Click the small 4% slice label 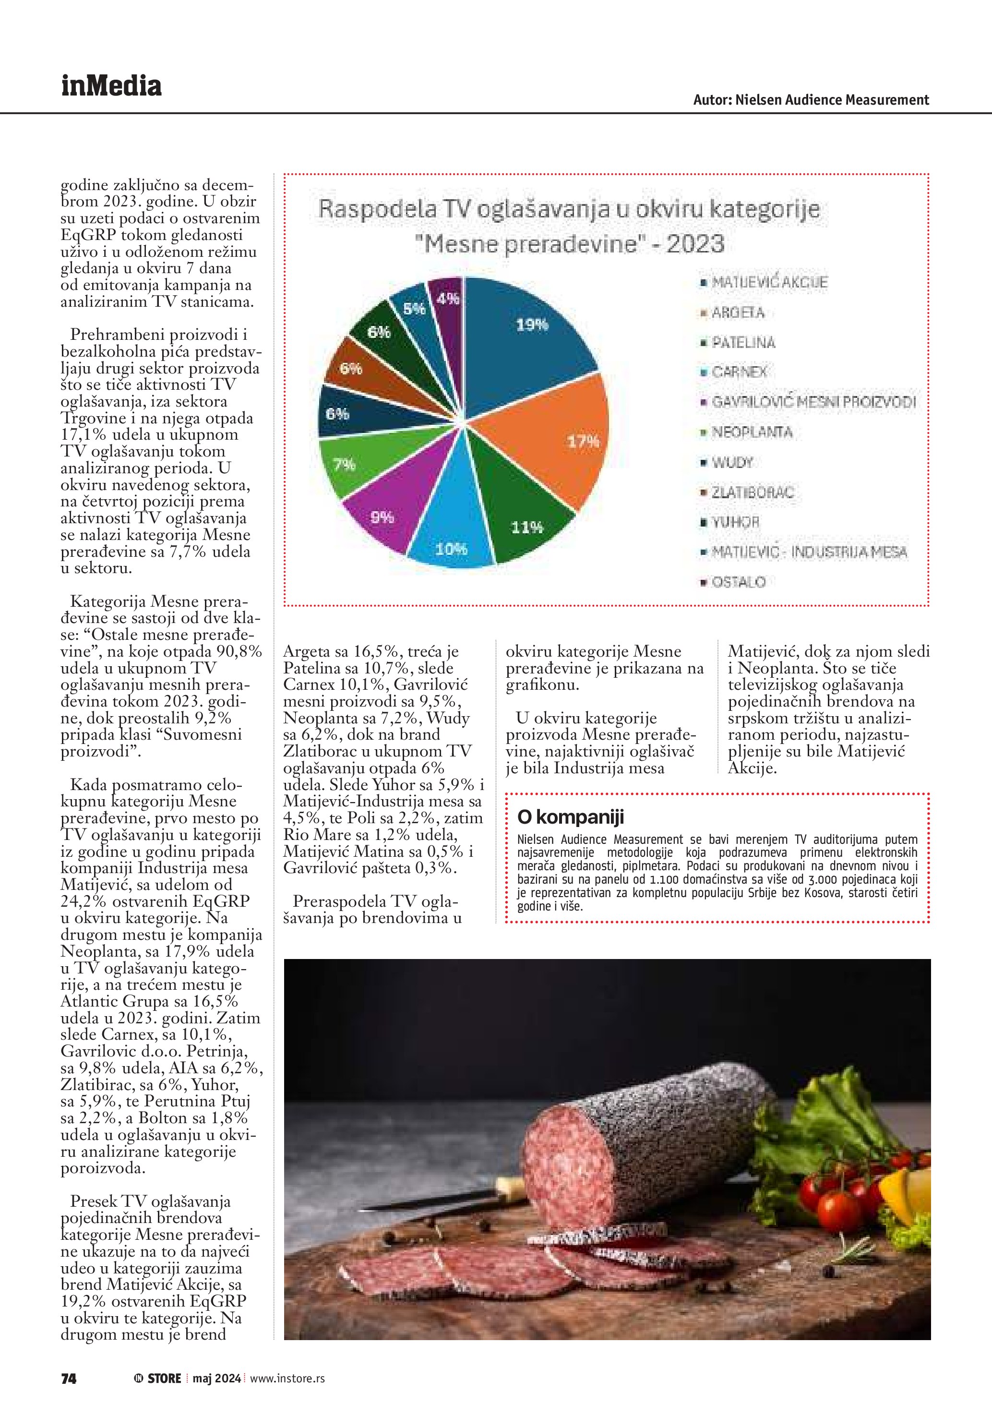(448, 299)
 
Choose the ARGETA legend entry (737, 313)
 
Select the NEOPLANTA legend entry (752, 432)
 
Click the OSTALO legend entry (738, 582)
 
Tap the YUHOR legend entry (735, 522)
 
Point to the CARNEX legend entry (739, 372)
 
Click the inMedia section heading (111, 85)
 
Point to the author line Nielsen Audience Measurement (811, 100)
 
